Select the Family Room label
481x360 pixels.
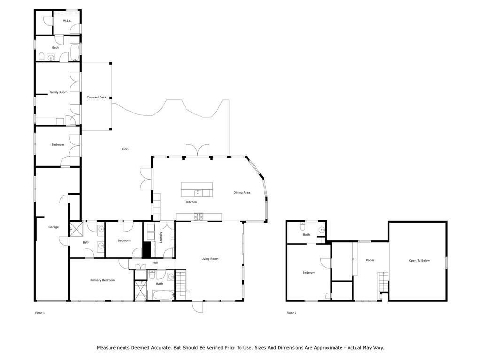pos(58,92)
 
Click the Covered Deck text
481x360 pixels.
pos(96,97)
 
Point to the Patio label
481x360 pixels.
pos(125,149)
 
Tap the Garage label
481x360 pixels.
pos(54,227)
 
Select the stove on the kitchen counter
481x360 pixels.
pos(198,216)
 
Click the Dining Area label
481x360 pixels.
pos(242,192)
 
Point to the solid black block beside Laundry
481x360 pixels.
pos(147,250)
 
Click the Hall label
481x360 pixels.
pos(155,262)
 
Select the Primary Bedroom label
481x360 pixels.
pos(102,280)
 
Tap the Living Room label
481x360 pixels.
pos(210,259)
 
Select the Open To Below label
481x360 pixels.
pos(419,261)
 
